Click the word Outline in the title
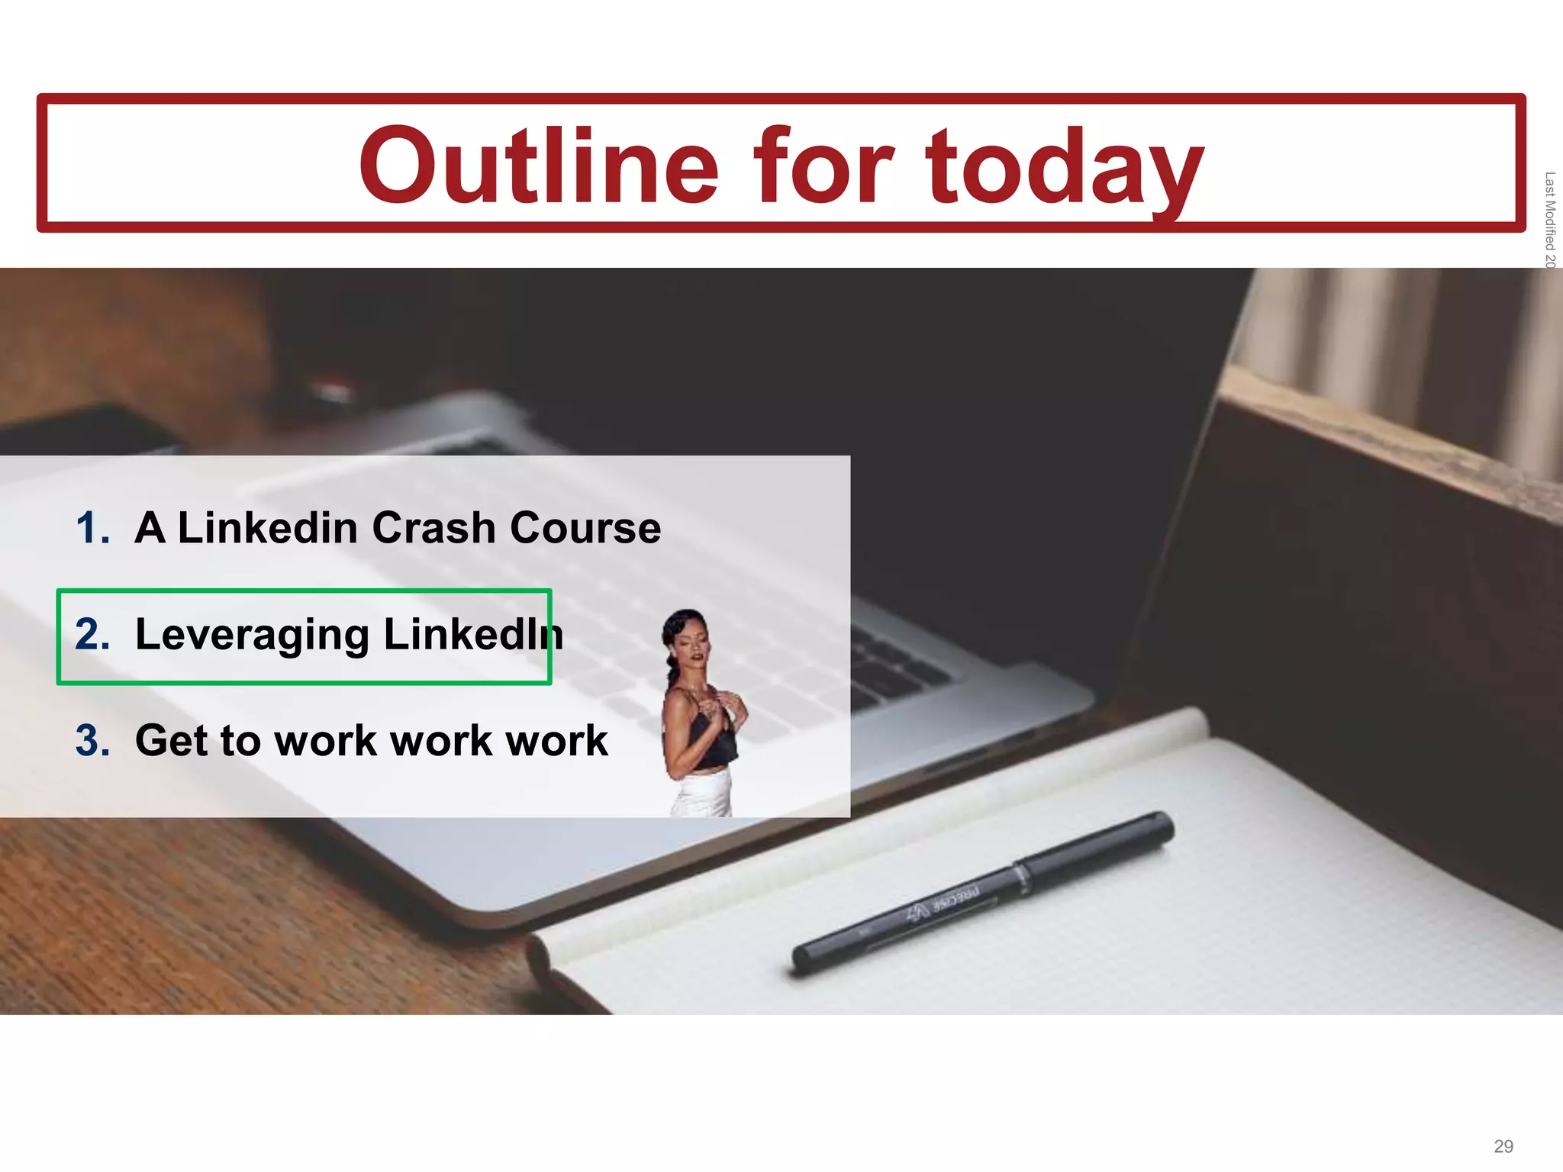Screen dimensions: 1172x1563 point(539,166)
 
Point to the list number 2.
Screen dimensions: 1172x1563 point(92,634)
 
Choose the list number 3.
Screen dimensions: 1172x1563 point(92,740)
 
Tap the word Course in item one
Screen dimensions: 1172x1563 point(585,528)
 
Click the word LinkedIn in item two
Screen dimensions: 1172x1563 point(473,634)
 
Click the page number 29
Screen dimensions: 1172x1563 point(1503,1146)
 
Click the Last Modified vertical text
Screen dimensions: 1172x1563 point(1549,220)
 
